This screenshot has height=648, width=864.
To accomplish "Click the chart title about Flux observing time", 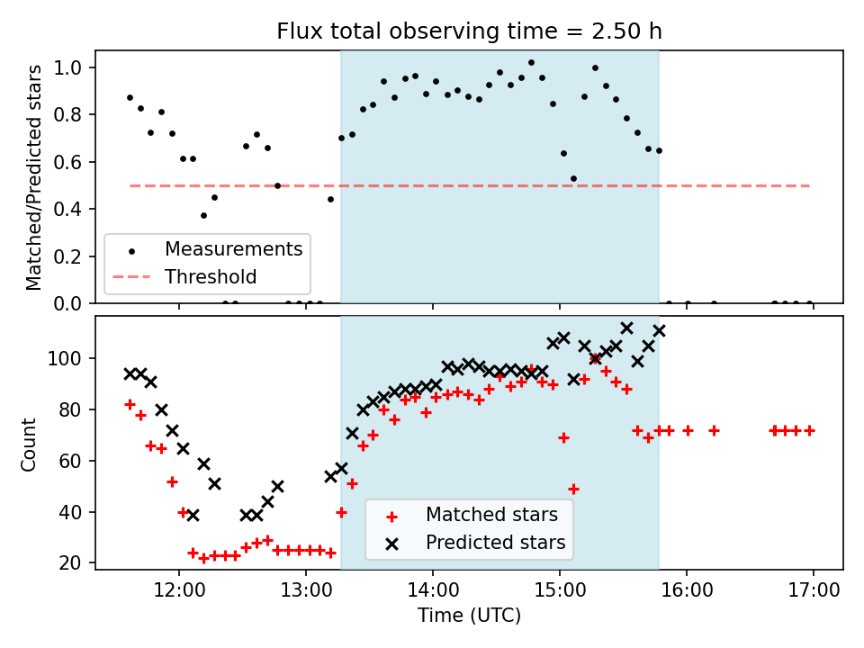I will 469,31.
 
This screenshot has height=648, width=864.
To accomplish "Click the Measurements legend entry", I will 233,247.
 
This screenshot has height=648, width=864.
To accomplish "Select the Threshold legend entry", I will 211,277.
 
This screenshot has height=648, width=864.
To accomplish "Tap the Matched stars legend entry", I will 491,515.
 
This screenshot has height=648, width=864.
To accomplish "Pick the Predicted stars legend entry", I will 495,543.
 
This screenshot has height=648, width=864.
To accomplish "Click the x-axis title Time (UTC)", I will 469,616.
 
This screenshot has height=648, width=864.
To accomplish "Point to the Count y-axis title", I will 30,444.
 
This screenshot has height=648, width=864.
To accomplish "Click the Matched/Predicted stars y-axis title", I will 34,177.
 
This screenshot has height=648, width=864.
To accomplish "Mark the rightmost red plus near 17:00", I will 809,430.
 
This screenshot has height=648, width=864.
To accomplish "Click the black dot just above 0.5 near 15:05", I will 573,178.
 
